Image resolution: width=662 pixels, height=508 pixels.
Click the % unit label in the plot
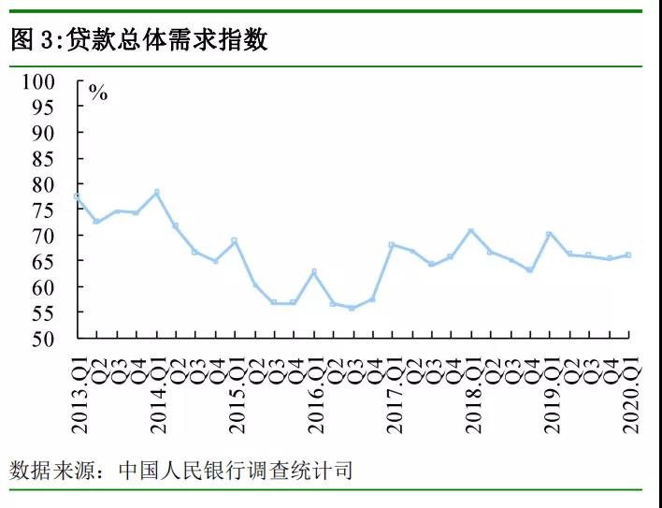[x=98, y=93]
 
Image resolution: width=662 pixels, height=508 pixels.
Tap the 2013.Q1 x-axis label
[x=79, y=393]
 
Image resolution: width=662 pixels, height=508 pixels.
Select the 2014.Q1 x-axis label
[x=158, y=393]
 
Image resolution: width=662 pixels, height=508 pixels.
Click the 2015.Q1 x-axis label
[x=237, y=393]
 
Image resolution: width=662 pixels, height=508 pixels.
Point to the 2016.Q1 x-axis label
[x=315, y=393]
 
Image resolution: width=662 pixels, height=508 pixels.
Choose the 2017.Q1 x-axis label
[x=394, y=393]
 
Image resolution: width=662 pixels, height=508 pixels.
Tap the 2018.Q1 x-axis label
[x=472, y=393]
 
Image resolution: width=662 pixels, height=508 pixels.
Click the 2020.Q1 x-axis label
[x=629, y=393]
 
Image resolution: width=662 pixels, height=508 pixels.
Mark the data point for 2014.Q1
[x=156, y=193]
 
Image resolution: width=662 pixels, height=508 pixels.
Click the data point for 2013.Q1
[x=77, y=196]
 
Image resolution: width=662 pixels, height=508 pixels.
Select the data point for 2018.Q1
[x=470, y=230]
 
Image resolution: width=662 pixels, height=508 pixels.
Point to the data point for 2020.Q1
[x=628, y=254]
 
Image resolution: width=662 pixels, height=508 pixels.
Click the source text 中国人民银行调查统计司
[x=236, y=470]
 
